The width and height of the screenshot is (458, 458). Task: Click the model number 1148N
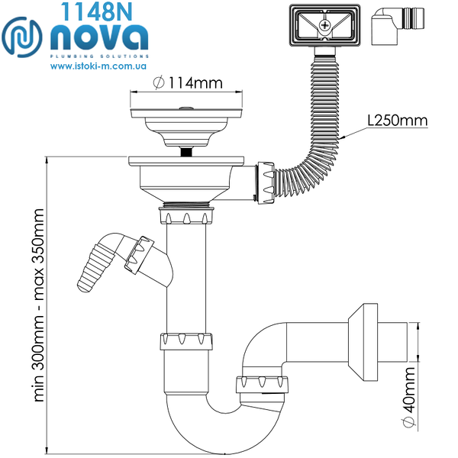[x=96, y=11]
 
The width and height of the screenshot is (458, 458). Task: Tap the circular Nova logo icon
[x=22, y=37]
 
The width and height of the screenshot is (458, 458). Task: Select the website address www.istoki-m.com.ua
[x=98, y=66]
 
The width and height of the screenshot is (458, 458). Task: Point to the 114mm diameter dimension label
[x=188, y=82]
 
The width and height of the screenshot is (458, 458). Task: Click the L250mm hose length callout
[x=398, y=120]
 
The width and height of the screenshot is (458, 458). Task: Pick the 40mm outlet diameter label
[x=409, y=397]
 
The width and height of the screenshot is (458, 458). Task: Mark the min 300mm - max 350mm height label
[x=39, y=305]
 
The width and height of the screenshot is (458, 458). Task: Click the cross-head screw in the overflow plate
[x=324, y=25]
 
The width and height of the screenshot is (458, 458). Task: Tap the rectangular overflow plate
[x=325, y=25]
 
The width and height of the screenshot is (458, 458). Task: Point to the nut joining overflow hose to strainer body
[x=266, y=183]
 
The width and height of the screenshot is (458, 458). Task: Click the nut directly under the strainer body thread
[x=186, y=215]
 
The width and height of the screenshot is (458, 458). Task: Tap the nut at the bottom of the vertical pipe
[x=186, y=341]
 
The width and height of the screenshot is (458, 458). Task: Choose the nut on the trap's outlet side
[x=262, y=385]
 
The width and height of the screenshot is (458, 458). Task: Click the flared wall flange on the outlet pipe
[x=363, y=342]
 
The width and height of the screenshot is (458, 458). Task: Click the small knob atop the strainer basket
[x=186, y=108]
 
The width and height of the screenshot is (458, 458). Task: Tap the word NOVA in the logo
[x=99, y=37]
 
